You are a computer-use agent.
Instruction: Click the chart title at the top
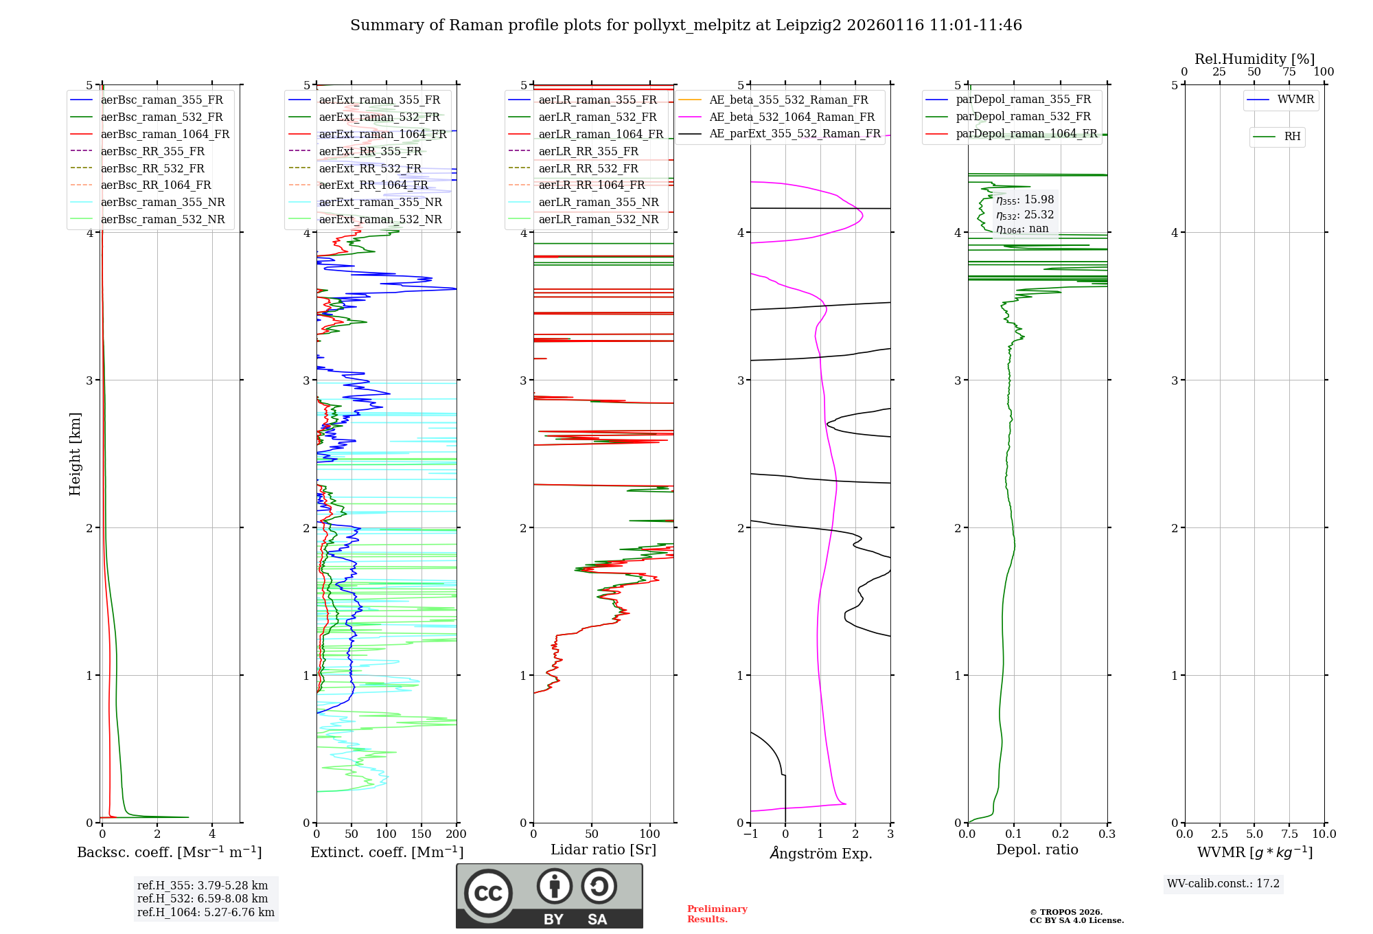686,25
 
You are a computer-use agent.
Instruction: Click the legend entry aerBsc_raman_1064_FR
165,135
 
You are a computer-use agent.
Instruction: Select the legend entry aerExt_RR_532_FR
370,168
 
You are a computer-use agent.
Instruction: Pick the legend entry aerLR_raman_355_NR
598,202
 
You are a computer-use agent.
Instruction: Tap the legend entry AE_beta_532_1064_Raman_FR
792,117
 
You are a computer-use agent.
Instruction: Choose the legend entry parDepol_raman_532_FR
1023,117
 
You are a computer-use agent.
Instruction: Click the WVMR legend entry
1295,100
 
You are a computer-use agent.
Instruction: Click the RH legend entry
1292,137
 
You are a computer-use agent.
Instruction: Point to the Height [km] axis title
75,454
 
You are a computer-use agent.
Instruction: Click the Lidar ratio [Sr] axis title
603,850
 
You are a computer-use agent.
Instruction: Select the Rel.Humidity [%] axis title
1254,59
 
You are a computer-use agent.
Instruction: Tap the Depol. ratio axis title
1037,850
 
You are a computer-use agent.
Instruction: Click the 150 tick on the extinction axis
421,834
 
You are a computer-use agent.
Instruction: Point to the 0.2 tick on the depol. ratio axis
1061,834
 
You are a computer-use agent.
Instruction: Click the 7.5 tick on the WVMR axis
1289,834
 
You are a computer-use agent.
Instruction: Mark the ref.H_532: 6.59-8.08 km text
203,898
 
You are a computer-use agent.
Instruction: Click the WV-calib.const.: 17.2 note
1223,883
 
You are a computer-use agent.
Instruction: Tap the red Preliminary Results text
717,914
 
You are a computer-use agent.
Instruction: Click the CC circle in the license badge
488,893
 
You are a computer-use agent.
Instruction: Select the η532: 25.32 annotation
1025,215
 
